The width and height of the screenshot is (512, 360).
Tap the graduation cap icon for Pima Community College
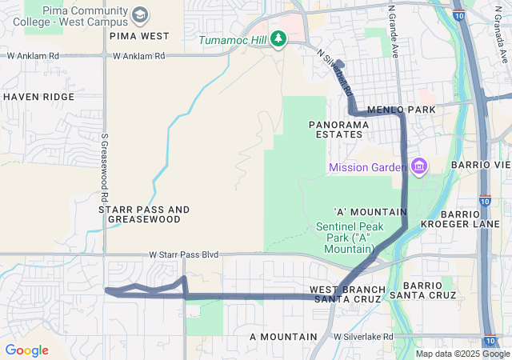click(140, 15)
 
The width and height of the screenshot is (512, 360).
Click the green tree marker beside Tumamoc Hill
click(278, 38)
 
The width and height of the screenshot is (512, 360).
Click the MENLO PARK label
click(401, 110)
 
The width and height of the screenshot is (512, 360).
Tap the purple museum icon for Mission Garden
click(418, 166)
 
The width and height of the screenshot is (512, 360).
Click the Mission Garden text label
click(367, 167)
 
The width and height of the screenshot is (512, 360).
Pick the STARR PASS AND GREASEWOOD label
click(144, 214)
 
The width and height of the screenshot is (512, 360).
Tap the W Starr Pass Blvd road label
click(183, 254)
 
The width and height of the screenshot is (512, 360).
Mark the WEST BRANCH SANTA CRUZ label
click(347, 294)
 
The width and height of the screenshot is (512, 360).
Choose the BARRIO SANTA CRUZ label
click(429, 290)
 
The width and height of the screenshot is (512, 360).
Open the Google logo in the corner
click(26, 350)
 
